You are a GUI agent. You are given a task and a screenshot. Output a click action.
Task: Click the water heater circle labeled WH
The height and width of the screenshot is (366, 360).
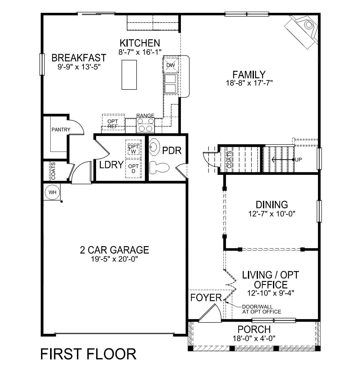point(52,192)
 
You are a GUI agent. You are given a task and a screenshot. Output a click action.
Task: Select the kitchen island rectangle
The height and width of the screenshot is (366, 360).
point(129,75)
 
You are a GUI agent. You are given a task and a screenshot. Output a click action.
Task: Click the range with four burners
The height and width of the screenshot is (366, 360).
point(146,125)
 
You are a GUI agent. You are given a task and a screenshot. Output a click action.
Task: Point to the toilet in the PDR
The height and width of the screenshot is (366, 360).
point(159,168)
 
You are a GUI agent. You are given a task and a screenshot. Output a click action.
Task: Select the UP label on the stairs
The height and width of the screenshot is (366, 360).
point(299,160)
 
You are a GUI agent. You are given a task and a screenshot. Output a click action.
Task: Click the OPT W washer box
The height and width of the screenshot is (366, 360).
point(134,149)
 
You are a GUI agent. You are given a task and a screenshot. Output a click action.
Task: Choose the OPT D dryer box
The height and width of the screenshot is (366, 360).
point(133,169)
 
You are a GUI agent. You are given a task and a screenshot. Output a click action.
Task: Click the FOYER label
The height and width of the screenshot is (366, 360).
point(206,298)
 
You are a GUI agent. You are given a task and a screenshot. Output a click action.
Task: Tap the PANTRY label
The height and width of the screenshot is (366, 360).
point(61,130)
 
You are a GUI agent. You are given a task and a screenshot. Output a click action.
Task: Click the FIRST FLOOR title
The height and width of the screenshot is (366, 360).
point(89,354)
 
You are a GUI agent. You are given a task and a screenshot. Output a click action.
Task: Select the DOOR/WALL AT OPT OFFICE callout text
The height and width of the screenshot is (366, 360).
point(261,309)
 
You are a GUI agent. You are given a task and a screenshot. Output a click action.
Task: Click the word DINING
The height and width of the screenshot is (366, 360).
point(272,205)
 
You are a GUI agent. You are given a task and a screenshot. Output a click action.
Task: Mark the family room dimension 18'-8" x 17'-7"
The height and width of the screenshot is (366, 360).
point(249,83)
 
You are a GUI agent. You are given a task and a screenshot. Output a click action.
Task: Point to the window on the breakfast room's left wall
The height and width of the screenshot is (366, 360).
point(41,64)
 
